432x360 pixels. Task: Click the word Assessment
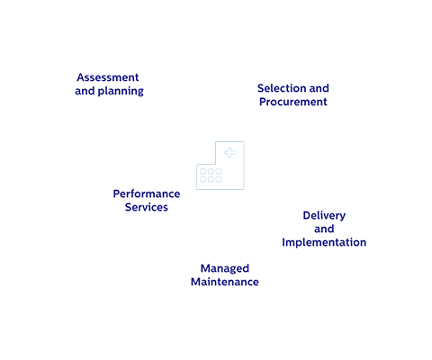point(108,77)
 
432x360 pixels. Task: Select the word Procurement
point(292,103)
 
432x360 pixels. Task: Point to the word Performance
point(147,193)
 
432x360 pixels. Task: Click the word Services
point(146,208)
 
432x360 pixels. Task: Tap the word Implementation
point(324,243)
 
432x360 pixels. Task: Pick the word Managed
point(224,268)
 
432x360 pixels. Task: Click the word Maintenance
point(224,283)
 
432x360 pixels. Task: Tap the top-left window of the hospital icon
point(202,171)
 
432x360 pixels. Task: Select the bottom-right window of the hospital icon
point(218,179)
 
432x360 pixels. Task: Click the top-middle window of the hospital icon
point(211,171)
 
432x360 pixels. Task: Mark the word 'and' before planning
point(85,92)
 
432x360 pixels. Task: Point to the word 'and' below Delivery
point(324,229)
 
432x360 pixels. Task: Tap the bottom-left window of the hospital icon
point(202,179)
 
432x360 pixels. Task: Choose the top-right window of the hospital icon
point(218,171)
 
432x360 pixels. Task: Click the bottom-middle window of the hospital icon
point(211,179)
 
